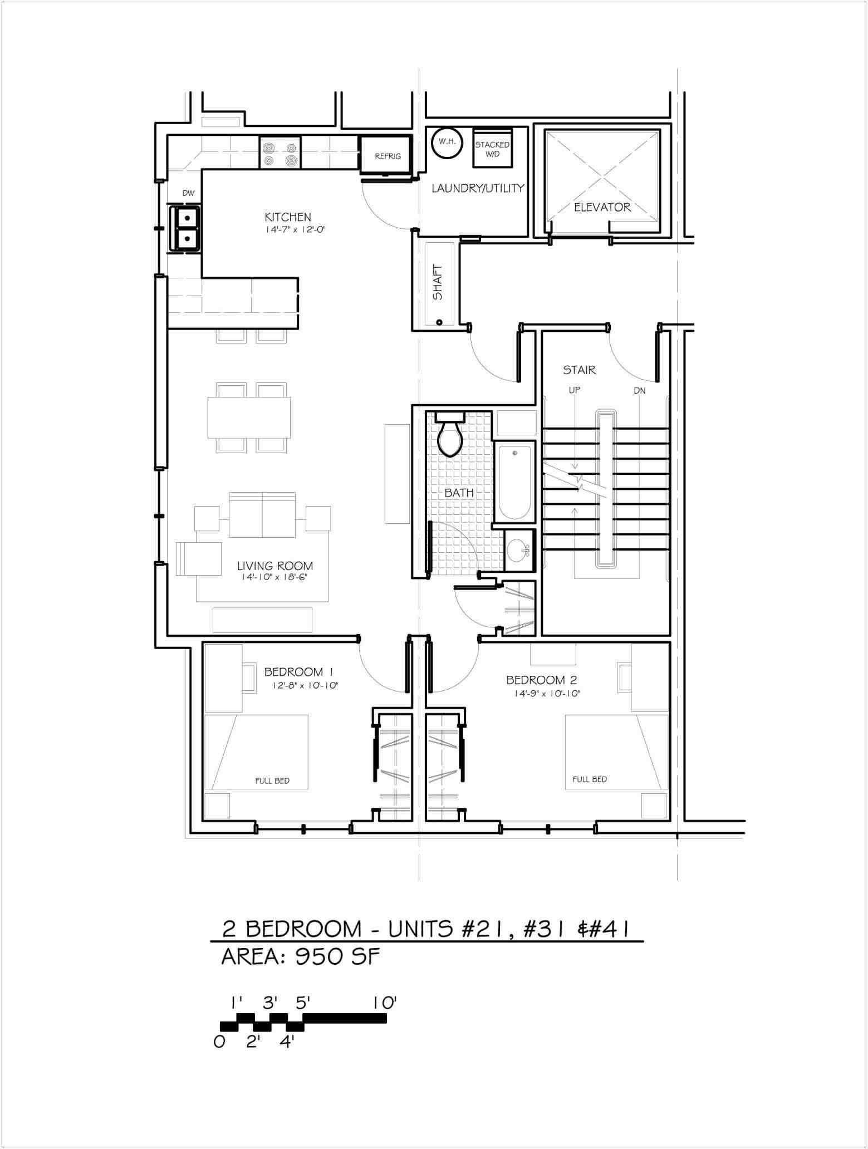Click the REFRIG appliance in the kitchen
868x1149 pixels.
[388, 155]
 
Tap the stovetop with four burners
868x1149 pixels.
[279, 153]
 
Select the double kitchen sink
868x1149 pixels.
[186, 227]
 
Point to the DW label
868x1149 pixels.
[189, 194]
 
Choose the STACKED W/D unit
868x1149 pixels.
[492, 148]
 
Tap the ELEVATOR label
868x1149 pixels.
[602, 207]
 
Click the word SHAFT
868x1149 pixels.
[438, 282]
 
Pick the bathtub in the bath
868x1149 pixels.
[514, 482]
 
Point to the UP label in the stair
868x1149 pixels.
[575, 391]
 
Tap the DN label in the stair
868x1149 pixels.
[639, 391]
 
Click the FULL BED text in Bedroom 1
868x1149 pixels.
[272, 781]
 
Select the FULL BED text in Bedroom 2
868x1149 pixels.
[590, 779]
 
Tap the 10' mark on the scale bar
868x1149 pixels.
[385, 1003]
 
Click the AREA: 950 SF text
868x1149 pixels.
[301, 957]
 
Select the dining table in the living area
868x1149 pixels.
[249, 417]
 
